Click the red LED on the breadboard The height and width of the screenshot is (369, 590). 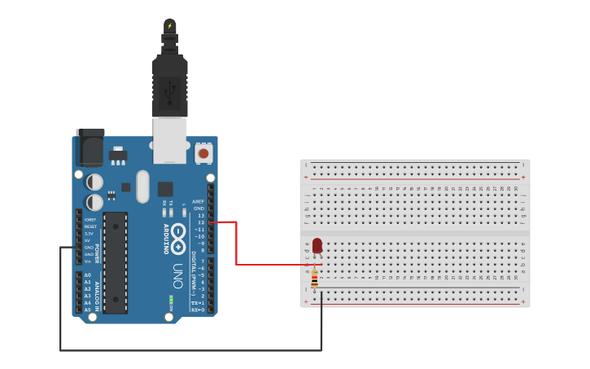317,245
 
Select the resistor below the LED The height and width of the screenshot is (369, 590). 315,279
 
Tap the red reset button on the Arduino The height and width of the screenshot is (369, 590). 203,152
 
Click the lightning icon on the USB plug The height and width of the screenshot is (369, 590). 169,26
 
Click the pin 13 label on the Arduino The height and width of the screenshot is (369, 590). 201,215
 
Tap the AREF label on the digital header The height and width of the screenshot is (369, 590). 199,201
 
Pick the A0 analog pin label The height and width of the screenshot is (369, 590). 87,275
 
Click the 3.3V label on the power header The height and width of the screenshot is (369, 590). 89,234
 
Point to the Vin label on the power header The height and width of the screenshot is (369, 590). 88,261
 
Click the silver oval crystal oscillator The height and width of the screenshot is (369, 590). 143,187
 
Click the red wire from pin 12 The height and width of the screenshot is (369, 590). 236,244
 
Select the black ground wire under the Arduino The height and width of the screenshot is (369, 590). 187,350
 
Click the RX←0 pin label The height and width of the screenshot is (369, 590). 198,310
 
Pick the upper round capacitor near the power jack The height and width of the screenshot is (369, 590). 95,181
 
